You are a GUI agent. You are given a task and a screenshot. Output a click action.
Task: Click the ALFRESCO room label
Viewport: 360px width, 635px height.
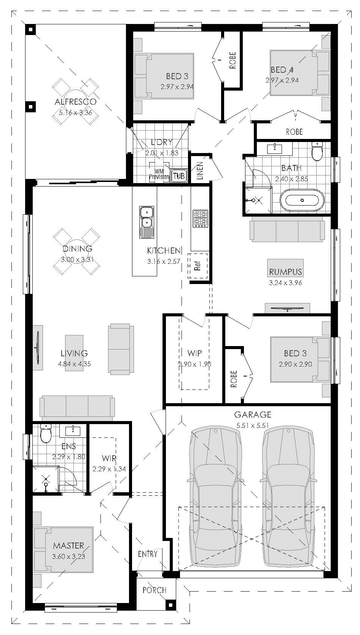point(75,102)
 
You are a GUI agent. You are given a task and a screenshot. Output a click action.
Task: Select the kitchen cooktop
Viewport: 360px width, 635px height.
point(200,219)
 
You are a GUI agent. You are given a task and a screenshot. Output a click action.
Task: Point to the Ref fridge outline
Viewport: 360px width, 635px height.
point(198,266)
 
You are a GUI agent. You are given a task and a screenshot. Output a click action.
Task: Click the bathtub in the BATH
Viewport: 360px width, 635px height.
point(302,200)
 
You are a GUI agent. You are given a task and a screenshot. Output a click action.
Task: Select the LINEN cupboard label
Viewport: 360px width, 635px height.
point(200,171)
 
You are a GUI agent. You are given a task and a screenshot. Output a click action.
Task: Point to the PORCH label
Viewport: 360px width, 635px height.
point(154,590)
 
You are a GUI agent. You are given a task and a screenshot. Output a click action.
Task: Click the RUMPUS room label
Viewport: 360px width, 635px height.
point(285,272)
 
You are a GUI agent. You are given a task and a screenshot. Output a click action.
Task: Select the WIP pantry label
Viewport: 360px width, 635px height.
point(194,353)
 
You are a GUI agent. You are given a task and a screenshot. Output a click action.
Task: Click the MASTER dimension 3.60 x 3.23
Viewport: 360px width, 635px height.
point(68,557)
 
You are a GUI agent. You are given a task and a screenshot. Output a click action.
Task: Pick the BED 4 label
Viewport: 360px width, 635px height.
point(282,70)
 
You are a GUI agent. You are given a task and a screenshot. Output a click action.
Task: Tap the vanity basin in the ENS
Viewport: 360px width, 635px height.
point(73,431)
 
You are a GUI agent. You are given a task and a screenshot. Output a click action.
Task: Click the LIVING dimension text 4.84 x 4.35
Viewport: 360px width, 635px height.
point(74,364)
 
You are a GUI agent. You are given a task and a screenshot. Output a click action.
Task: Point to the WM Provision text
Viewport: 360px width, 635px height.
point(159,174)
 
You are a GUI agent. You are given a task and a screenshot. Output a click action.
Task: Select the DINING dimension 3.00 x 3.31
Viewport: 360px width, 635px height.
point(77,259)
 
